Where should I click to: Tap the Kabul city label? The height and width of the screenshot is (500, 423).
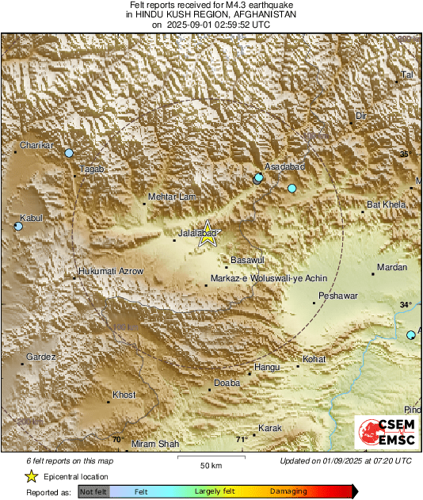tap(30, 217)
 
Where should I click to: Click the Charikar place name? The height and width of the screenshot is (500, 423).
tap(36, 146)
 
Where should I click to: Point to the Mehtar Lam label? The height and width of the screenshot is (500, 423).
tap(168, 197)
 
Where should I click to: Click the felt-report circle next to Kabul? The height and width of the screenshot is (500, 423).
tap(19, 227)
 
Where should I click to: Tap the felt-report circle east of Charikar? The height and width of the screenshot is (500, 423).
tap(69, 153)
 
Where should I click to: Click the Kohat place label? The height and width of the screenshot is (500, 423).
tap(314, 359)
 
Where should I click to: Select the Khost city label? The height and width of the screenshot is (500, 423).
tap(124, 395)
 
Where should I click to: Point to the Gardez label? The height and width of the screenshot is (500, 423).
tap(41, 357)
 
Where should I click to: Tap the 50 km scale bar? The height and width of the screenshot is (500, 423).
tap(210, 457)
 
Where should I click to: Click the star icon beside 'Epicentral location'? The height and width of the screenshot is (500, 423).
tap(32, 477)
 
